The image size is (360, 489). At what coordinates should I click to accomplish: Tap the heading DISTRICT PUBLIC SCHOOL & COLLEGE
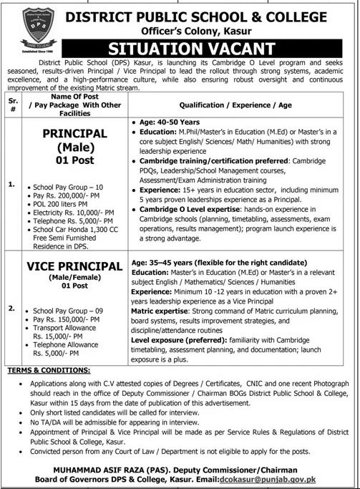click(209, 14)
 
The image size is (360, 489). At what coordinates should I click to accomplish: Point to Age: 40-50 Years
click(169, 123)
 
